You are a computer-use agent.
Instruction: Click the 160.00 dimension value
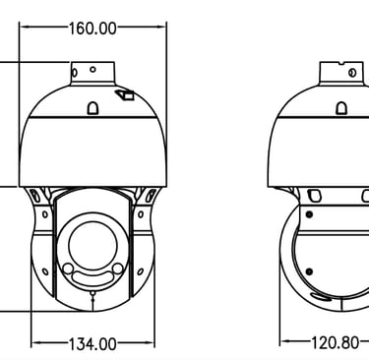click(x=92, y=29)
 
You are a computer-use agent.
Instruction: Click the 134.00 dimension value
click(x=92, y=344)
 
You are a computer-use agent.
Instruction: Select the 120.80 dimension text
click(x=335, y=343)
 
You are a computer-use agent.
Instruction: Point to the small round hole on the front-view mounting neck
click(x=92, y=70)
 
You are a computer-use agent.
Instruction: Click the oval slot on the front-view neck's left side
click(x=75, y=72)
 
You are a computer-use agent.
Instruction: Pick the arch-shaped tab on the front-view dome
click(x=92, y=108)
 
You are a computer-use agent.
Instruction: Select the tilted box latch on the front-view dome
click(x=125, y=94)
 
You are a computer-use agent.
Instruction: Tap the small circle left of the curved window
click(x=68, y=269)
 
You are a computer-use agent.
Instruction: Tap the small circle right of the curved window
click(x=117, y=269)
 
